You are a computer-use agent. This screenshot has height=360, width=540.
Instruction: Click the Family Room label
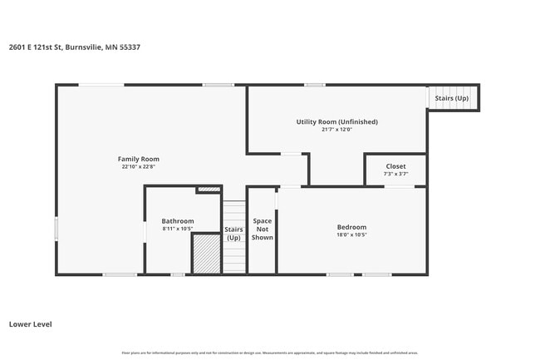coord(138,159)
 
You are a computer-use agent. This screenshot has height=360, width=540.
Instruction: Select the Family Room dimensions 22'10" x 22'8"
coord(138,166)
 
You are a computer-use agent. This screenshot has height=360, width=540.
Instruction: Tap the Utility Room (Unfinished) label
coord(336,121)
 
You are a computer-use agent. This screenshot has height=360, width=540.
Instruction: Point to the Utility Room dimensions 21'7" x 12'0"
coord(336,129)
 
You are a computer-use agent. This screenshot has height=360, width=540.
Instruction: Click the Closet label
coord(395,165)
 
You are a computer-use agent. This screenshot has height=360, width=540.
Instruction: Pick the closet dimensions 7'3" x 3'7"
coord(395,173)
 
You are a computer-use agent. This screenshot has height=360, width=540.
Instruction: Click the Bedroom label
coord(351,227)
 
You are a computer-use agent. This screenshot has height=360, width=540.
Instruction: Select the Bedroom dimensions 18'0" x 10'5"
coord(351,234)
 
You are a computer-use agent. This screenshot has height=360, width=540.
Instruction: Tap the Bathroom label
coord(177,221)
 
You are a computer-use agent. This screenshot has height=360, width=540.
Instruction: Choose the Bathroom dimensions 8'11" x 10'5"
coord(177,229)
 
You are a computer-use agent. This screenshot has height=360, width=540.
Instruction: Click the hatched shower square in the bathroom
coord(206,253)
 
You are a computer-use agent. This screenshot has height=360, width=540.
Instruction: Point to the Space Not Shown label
coord(262,229)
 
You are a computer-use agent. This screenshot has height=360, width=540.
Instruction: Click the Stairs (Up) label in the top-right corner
coord(451,98)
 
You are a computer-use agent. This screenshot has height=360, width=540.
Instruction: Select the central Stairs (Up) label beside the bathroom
coord(233,234)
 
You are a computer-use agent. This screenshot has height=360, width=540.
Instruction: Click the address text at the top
coord(74,47)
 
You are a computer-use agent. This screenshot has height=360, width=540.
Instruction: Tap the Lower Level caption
coord(30,323)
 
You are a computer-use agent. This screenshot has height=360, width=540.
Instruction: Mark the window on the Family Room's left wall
coord(56,229)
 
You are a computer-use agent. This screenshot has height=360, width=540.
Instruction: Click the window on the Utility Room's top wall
coord(314,85)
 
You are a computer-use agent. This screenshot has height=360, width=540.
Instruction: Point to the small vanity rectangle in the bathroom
coord(208,190)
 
